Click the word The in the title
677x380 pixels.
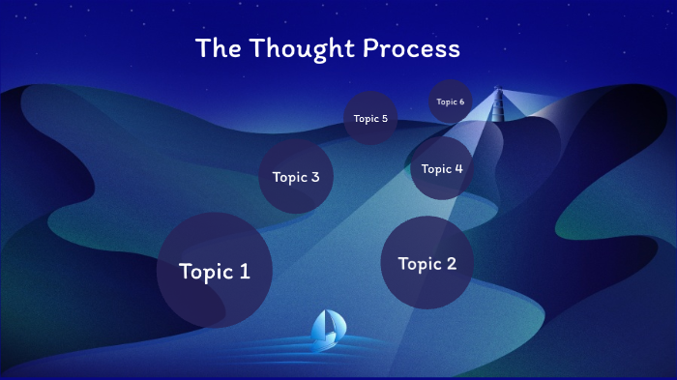pos(217,47)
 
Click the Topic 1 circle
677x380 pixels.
pos(215,271)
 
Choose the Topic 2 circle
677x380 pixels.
pos(427,263)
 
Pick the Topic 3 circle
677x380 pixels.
pos(296,176)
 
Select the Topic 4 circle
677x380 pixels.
pos(442,168)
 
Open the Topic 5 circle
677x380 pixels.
pos(370,118)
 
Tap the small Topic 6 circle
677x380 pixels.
pos(450,102)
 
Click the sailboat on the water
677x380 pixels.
pos(326,331)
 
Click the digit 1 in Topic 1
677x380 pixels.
pos(244,272)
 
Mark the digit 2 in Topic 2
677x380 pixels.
pos(451,264)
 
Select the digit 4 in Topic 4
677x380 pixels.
pos(458,169)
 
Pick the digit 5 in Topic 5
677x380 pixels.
pos(384,119)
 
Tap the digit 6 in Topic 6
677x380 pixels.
pos(461,102)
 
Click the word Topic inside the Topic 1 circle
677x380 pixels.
pos(205,272)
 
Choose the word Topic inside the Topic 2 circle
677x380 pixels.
pos(418,264)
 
